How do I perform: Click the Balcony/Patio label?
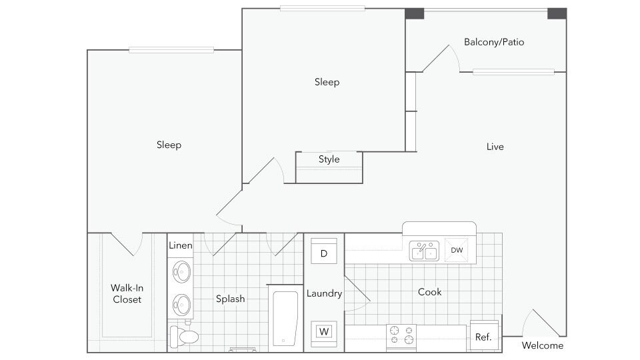pos(494,42)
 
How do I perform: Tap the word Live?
pos(495,147)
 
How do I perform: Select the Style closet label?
pos(329,159)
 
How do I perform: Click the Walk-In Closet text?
pos(127,293)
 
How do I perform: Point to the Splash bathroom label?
pos(230,299)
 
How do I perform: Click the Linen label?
pos(181,245)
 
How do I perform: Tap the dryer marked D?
pos(324,253)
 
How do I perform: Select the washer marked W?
pos(324,332)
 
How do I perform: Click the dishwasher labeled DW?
pos(456,250)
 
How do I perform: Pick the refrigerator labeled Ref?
pos(484,336)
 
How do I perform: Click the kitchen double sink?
pos(425,251)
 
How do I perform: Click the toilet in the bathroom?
pos(184,335)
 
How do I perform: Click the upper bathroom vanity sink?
pos(181,272)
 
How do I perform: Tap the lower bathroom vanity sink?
pos(181,305)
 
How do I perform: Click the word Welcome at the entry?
pos(543,346)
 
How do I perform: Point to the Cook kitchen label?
pos(430,292)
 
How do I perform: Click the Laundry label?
pos(324,293)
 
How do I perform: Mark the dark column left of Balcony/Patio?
pos(415,13)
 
